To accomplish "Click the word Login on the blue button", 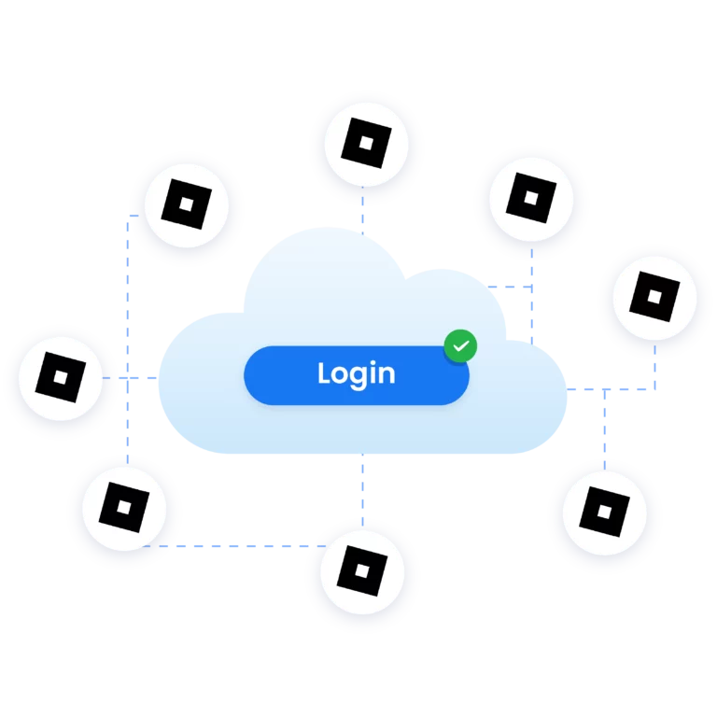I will pos(356,374).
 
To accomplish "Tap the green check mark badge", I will pos(459,346).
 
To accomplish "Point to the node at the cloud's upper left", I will pos(187,206).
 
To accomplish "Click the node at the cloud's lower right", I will pos(604,513).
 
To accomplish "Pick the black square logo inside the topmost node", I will pos(365,144).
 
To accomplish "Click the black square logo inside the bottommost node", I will pos(361,569).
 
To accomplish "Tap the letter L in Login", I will pos(324,373).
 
